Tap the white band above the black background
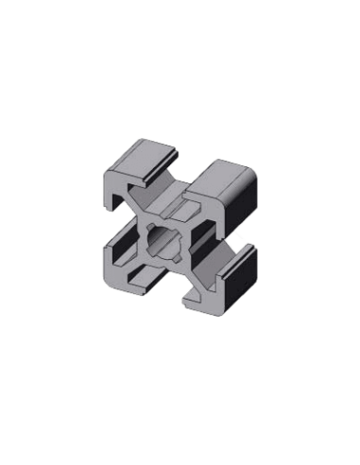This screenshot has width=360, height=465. point(180,24)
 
